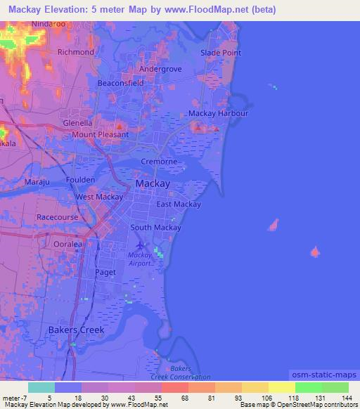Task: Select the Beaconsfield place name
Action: click(x=120, y=83)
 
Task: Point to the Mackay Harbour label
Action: click(x=218, y=113)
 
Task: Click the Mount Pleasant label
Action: click(x=100, y=134)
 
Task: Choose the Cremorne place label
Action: click(x=159, y=161)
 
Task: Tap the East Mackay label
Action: click(x=179, y=204)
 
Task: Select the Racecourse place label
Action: click(x=58, y=218)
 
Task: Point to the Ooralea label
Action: click(x=69, y=244)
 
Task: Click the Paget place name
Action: click(x=105, y=271)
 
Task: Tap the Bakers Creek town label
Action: click(x=76, y=330)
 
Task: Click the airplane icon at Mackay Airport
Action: click(x=140, y=245)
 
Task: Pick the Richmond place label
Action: click(x=75, y=52)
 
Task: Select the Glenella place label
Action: click(x=78, y=122)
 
